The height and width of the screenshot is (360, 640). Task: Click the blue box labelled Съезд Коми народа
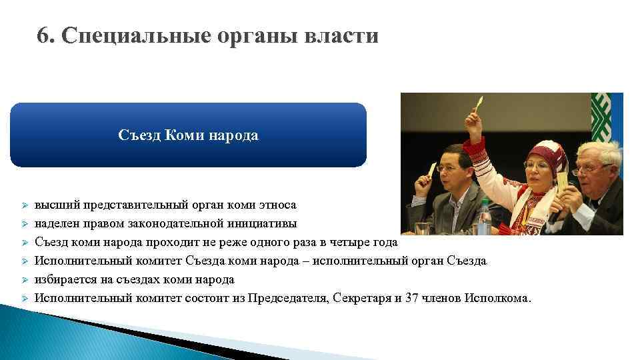(x=188, y=135)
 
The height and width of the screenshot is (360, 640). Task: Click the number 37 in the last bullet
(x=411, y=297)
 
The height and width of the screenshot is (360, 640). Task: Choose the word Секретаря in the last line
(x=360, y=297)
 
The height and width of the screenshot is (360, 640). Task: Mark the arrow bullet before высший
(x=22, y=206)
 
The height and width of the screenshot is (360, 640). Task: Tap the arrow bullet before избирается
(x=22, y=280)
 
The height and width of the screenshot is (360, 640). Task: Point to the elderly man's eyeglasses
(x=587, y=168)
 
